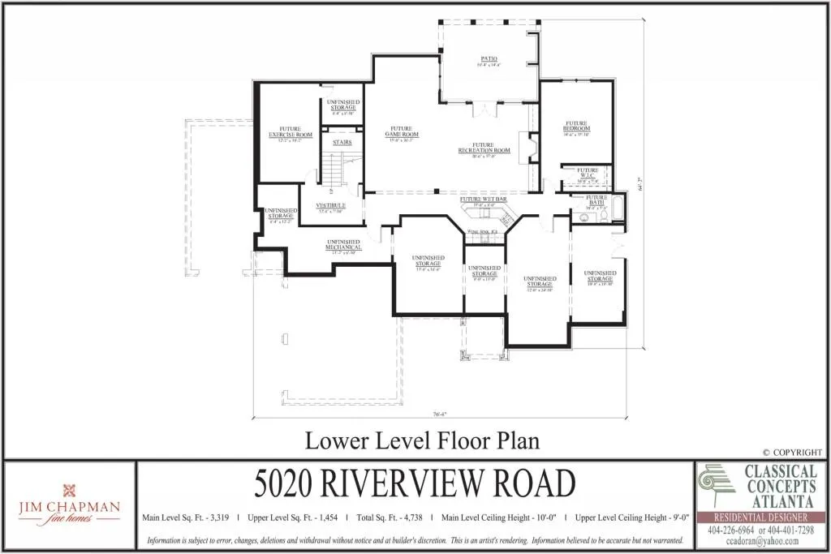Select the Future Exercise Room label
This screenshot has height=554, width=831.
[291, 131]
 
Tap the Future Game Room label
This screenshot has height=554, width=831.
[401, 131]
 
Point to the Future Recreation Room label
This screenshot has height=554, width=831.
[484, 149]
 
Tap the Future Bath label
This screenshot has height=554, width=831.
[596, 201]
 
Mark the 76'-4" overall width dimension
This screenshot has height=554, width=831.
[439, 414]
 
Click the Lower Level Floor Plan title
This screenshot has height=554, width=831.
[422, 440]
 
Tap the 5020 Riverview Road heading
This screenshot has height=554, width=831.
[415, 484]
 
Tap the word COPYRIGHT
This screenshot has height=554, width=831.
[798, 452]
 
